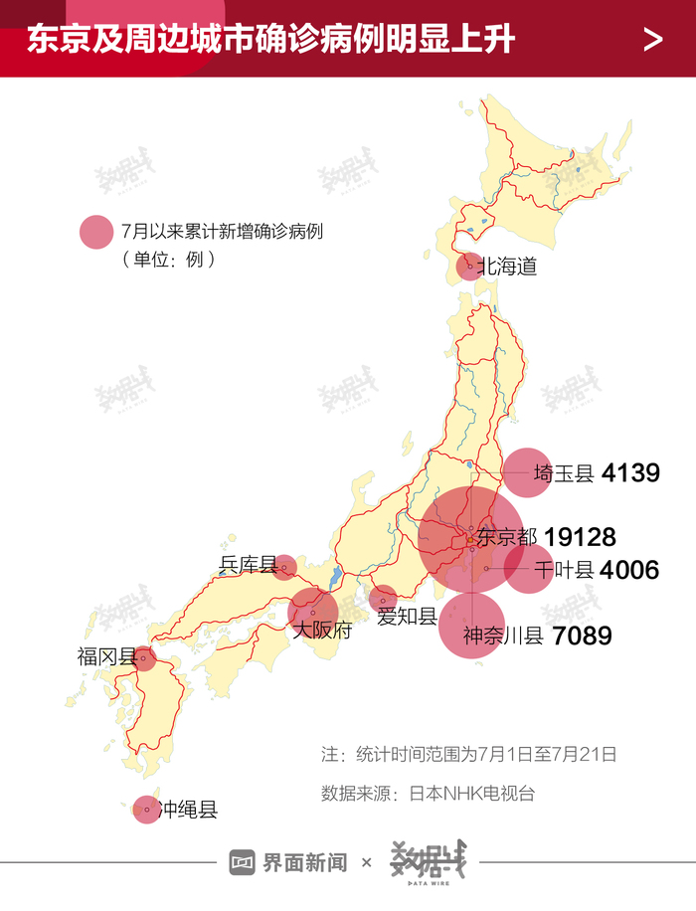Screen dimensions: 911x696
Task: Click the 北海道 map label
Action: point(507,267)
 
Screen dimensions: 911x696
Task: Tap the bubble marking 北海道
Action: point(468,266)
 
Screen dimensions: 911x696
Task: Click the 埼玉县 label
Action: point(563,473)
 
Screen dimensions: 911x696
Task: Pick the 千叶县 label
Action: point(563,570)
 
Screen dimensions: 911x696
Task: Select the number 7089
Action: point(582,636)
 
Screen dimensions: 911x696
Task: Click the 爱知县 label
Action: point(407,617)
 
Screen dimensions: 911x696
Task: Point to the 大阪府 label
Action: point(322,631)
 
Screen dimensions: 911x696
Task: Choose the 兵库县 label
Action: point(248,566)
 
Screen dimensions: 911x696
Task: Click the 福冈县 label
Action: point(106,656)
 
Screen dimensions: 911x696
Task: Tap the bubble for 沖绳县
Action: point(146,810)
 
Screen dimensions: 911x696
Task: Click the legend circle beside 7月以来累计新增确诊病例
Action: point(96,233)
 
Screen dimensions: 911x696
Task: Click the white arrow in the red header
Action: point(653,40)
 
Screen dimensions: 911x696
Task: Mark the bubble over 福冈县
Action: point(145,657)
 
